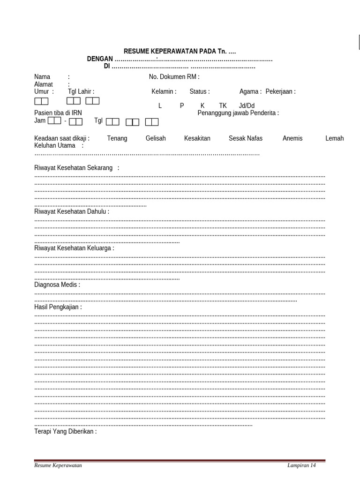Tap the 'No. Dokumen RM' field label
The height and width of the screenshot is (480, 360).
174,77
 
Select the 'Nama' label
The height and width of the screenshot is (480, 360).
42,77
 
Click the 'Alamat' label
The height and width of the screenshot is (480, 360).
44,84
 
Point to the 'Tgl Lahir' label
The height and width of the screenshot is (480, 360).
81,92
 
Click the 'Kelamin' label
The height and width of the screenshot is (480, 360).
164,92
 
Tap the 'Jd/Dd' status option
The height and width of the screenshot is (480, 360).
247,106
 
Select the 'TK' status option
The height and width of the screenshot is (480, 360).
223,106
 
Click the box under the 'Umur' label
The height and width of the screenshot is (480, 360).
41,101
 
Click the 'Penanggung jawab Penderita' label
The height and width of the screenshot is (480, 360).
238,113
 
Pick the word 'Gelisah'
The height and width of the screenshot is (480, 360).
156,138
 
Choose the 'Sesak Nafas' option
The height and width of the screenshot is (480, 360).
245,138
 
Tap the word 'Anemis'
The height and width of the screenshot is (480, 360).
292,138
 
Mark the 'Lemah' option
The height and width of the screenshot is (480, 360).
334,138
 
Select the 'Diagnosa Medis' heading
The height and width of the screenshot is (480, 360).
57,285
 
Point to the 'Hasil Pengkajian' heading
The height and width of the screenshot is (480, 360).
58,307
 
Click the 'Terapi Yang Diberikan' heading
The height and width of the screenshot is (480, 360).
66,431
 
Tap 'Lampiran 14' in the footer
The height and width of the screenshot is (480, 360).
302,465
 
